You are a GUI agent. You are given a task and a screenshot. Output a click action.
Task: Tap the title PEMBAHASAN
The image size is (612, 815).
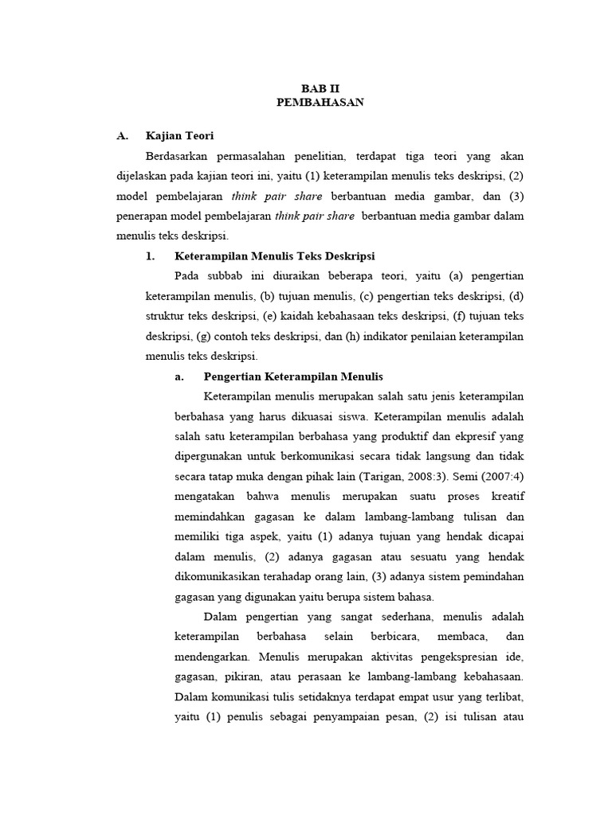coord(320,103)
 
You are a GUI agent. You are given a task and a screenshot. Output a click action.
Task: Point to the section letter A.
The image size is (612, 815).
coord(122,136)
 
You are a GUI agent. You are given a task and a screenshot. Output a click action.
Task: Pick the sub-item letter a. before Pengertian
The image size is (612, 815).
coord(179,376)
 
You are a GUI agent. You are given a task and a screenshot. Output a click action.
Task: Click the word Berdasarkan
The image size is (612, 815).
coord(184,156)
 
